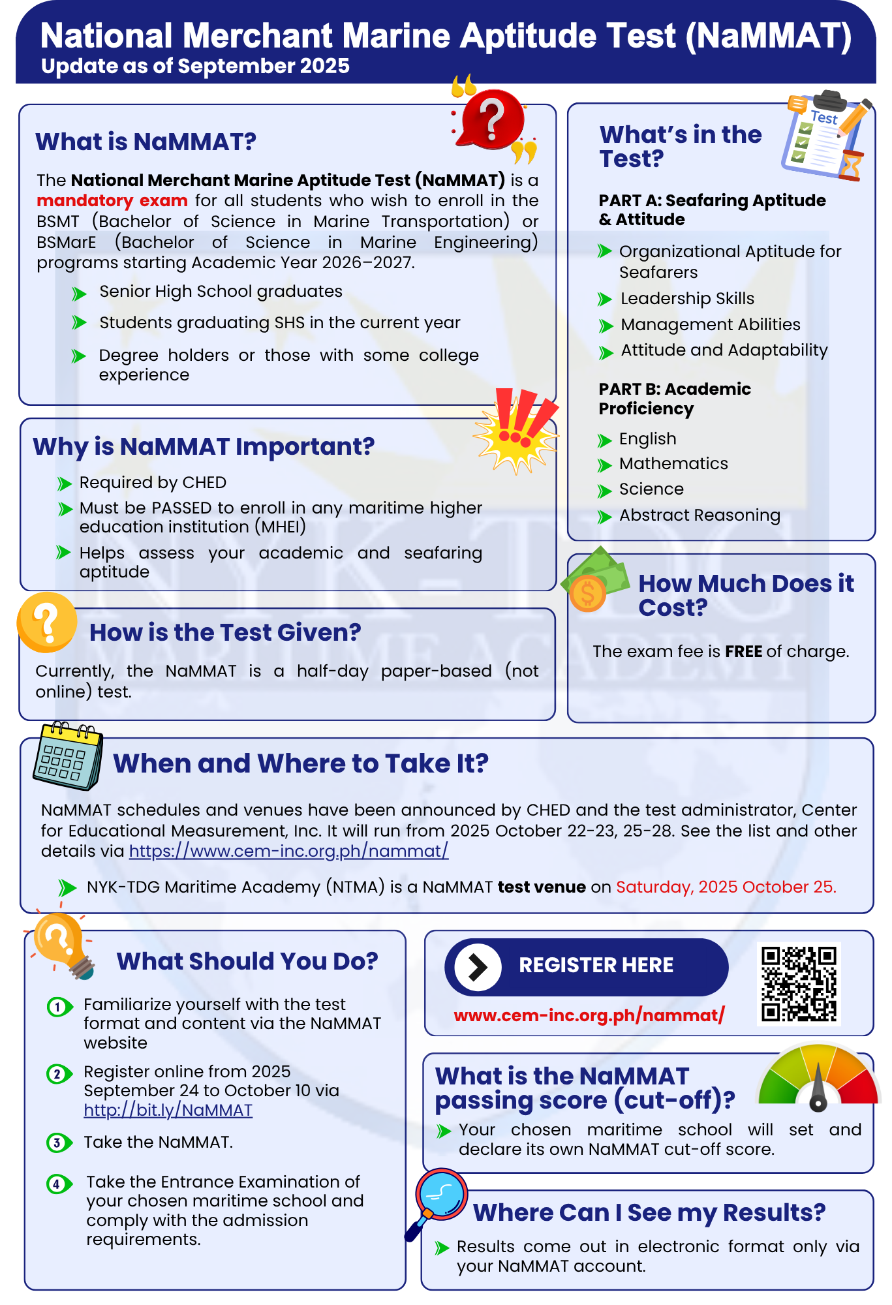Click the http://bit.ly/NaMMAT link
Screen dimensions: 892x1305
tap(168, 1110)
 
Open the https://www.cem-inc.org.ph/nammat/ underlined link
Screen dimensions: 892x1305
tap(288, 851)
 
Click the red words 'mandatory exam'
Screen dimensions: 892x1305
tap(112, 200)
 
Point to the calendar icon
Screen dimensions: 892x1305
tap(68, 755)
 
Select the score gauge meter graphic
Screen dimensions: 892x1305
tap(818, 1077)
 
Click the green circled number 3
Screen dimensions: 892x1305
tap(58, 1143)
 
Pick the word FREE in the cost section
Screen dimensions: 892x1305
tap(743, 651)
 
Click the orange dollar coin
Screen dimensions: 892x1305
tap(588, 593)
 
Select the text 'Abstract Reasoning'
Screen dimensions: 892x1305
tap(700, 515)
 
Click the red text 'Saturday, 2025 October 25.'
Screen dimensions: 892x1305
tap(726, 887)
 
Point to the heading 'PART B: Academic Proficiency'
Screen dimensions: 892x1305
tap(675, 399)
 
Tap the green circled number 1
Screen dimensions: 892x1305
tap(58, 1007)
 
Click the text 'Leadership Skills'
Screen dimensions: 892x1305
tap(687, 298)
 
